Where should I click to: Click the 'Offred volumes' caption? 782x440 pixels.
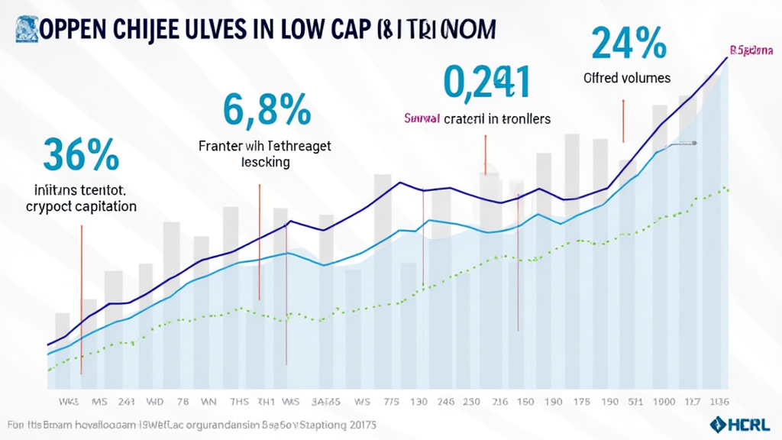627,78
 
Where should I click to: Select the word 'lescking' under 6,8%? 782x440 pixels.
265,162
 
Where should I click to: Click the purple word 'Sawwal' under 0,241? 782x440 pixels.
422,119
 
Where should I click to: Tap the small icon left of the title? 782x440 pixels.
23,25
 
